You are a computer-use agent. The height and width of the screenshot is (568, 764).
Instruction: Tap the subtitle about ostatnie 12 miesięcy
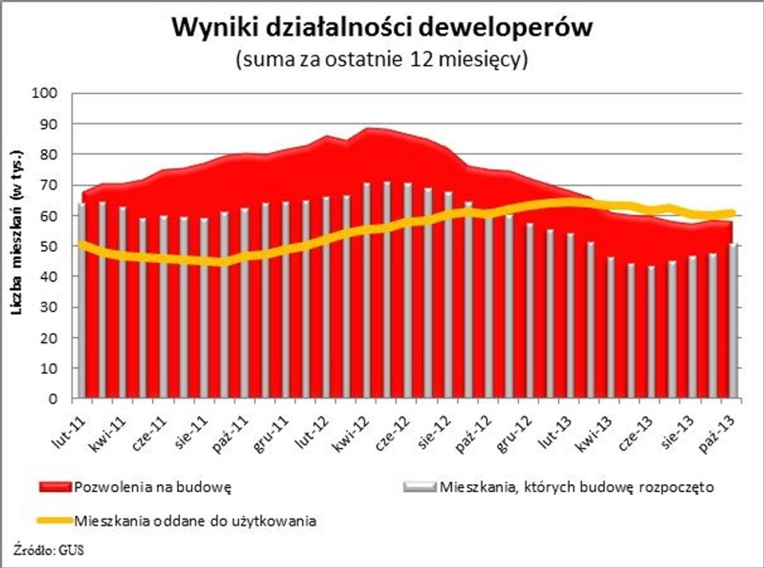[x=382, y=60]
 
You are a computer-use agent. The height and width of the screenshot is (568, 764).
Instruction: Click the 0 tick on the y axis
[x=62, y=399]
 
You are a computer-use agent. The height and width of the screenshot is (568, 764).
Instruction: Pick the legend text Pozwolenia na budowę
[x=154, y=488]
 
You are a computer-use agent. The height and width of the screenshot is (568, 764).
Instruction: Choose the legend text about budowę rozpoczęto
[x=576, y=488]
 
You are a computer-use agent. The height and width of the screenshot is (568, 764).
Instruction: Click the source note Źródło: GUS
[x=48, y=549]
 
